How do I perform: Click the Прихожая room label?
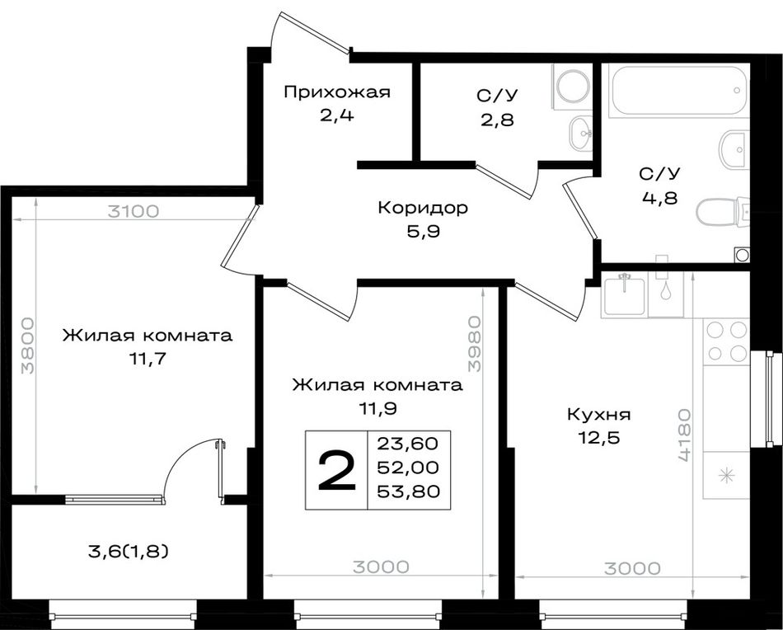[x=336, y=92]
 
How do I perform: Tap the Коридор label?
[x=423, y=207]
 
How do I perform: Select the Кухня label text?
[x=599, y=415]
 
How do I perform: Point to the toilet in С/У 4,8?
[x=723, y=212]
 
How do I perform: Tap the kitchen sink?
[x=624, y=294]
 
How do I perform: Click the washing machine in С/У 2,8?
[x=572, y=87]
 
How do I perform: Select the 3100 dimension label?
[x=134, y=211]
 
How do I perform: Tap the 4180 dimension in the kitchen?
[x=685, y=435]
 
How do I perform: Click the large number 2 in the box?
[x=337, y=470]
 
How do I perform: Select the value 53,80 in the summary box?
[x=409, y=491]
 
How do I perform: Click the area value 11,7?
[x=147, y=359]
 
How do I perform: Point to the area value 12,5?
[x=598, y=438]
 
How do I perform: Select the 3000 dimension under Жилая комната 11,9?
[x=381, y=567]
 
